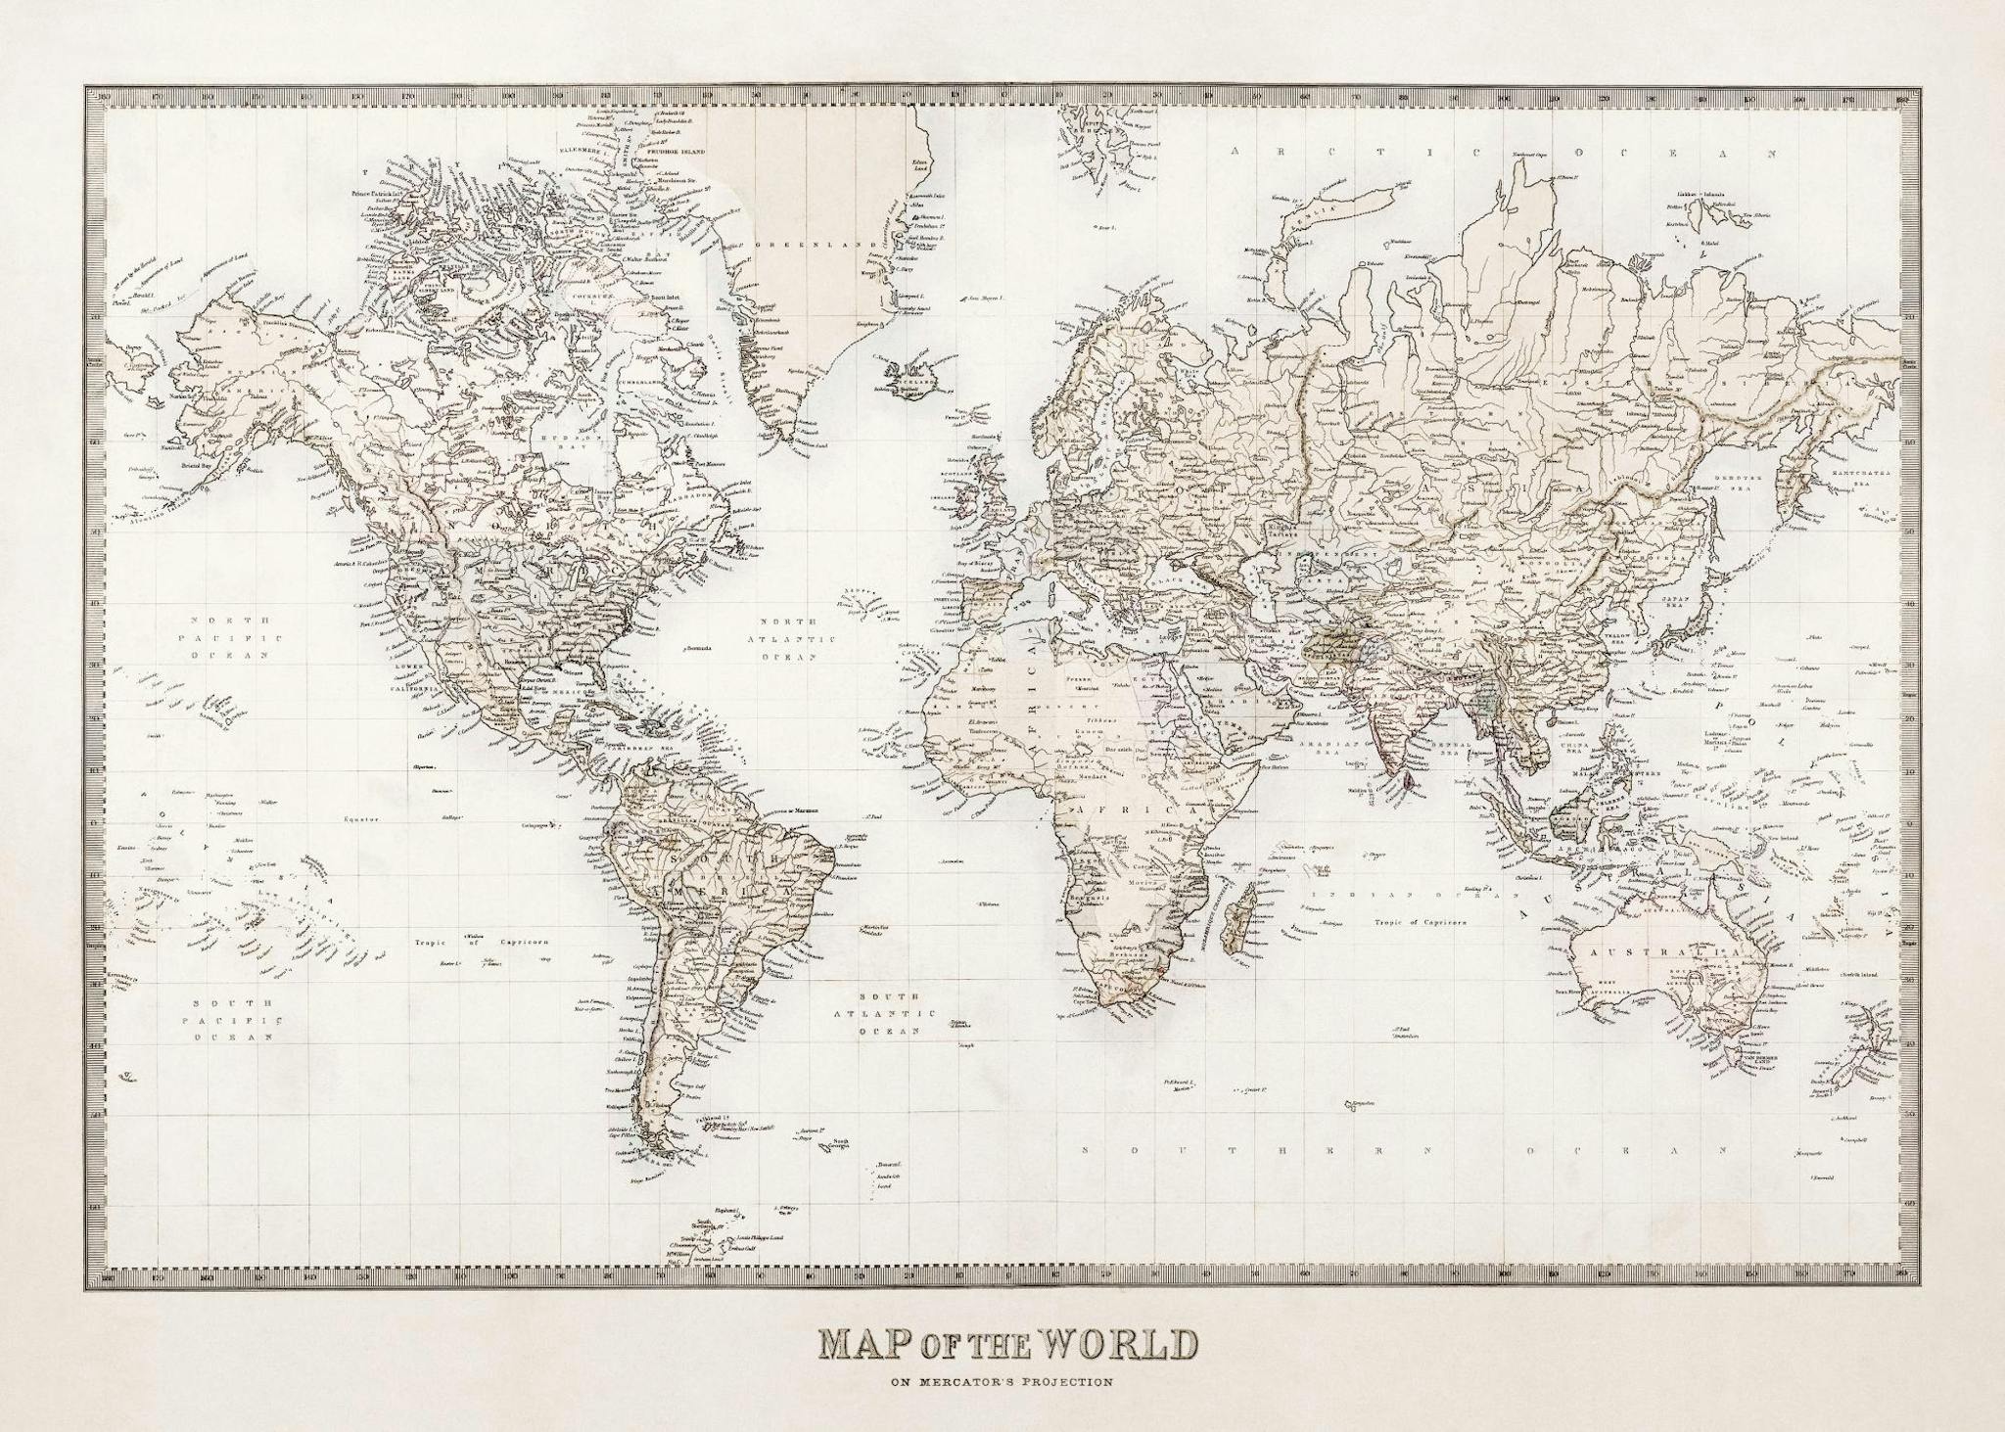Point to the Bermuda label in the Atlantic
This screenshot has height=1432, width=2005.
(x=697, y=648)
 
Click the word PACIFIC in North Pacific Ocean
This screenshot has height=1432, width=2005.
(x=229, y=638)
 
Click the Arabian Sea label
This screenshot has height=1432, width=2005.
(x=1319, y=748)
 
